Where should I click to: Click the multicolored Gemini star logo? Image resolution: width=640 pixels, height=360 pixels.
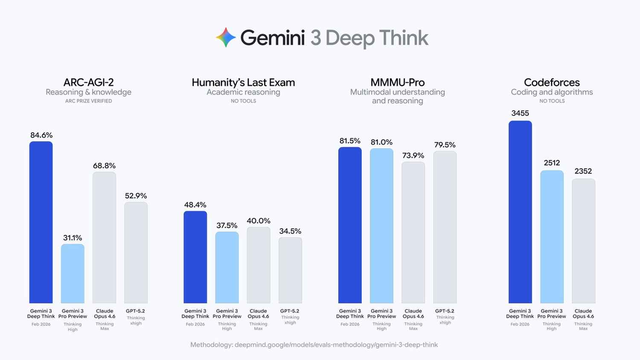click(226, 38)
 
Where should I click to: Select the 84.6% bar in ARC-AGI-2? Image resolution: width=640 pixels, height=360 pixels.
click(41, 222)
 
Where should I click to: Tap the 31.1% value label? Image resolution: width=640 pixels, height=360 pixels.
click(73, 238)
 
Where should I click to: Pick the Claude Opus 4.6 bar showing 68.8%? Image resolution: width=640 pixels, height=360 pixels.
click(104, 237)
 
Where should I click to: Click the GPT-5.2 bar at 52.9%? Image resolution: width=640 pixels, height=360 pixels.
click(136, 252)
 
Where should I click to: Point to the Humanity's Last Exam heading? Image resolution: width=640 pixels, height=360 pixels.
click(243, 82)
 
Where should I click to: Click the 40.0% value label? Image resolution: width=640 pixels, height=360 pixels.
click(258, 221)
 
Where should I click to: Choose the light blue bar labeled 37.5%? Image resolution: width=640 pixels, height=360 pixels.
click(227, 267)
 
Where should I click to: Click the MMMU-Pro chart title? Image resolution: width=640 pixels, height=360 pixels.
click(397, 82)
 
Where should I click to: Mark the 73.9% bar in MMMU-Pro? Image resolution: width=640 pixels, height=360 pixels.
click(413, 232)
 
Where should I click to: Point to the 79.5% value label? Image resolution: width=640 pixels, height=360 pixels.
click(445, 145)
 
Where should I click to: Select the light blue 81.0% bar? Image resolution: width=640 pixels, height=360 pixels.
click(381, 226)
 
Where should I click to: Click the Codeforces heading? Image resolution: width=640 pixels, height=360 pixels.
click(552, 82)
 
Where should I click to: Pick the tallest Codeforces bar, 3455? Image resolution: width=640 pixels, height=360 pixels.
click(520, 212)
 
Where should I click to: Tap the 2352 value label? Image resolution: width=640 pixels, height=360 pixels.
click(583, 171)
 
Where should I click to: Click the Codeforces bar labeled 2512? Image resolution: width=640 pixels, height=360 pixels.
click(552, 237)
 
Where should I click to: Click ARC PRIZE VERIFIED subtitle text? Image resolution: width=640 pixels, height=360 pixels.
click(88, 101)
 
